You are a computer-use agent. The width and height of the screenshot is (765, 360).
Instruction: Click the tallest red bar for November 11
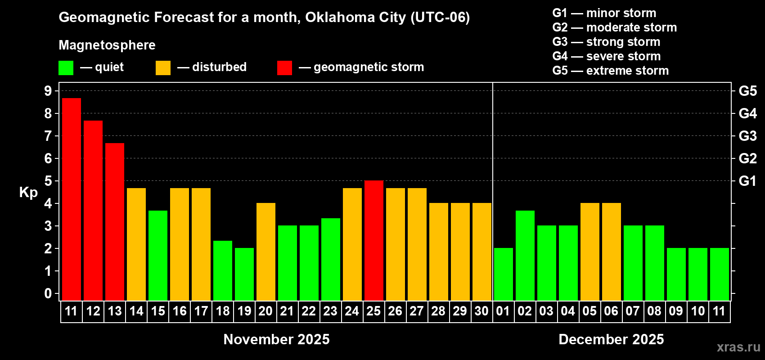[x=72, y=198]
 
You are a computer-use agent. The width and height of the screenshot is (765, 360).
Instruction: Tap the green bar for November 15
[x=158, y=255]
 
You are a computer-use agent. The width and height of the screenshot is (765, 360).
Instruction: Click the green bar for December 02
[x=525, y=255]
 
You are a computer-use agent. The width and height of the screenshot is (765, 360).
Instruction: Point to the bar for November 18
[x=223, y=270]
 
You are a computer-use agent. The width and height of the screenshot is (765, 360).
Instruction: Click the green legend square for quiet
[x=66, y=68]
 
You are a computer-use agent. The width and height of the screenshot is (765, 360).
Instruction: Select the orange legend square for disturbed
[x=163, y=68]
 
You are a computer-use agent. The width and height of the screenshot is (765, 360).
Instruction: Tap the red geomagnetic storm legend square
[x=284, y=68]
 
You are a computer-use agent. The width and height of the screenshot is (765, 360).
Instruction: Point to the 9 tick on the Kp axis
[x=48, y=91]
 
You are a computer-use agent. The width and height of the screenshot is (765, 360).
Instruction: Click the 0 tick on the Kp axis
[x=48, y=293]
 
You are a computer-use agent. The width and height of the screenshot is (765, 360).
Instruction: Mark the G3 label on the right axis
[x=747, y=136]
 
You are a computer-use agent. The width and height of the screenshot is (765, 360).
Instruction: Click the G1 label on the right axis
[x=747, y=181]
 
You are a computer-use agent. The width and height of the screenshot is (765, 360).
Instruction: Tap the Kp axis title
[x=28, y=193]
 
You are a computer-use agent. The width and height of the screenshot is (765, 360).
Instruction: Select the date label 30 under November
[x=481, y=311]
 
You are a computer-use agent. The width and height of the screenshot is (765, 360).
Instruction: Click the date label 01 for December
[x=503, y=311]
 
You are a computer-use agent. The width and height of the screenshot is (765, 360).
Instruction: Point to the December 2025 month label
[x=611, y=339]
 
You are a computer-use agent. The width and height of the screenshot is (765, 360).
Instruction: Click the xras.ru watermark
[x=738, y=347]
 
